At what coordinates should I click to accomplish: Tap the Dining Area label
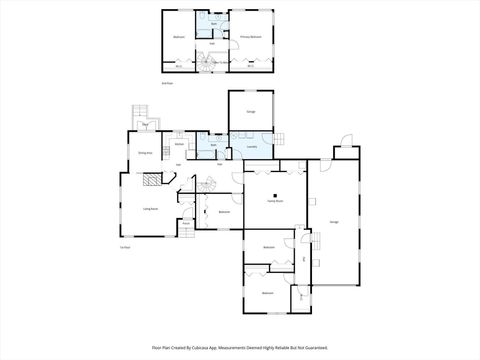[144, 153]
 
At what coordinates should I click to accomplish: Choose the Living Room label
[150, 208]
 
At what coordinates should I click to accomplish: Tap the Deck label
[145, 123]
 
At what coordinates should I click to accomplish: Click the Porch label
[186, 223]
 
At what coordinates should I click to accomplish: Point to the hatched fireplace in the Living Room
[149, 180]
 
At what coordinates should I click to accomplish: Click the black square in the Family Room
[281, 186]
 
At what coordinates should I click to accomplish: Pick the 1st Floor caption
[125, 247]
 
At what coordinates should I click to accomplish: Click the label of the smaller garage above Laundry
[250, 111]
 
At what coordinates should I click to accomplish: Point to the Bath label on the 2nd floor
[212, 22]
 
